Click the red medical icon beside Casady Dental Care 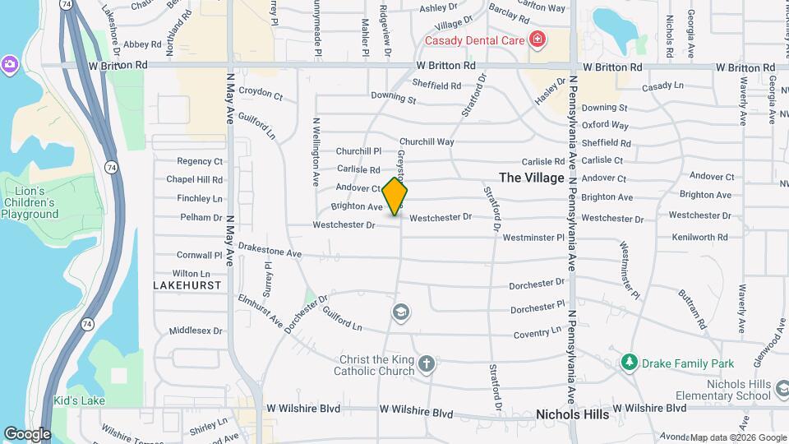tap(538, 39)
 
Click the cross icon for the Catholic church tap(426, 363)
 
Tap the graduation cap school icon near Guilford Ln tap(401, 312)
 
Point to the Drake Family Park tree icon tap(630, 362)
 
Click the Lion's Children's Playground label tap(30, 202)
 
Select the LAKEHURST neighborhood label tap(187, 284)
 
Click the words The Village tap(532, 178)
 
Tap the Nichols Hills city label tap(572, 414)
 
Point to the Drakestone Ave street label tap(270, 251)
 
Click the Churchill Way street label tap(427, 141)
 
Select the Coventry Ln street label tap(537, 333)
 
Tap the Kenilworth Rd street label tap(699, 237)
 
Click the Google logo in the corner tap(27, 433)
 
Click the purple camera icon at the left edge tap(9, 64)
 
